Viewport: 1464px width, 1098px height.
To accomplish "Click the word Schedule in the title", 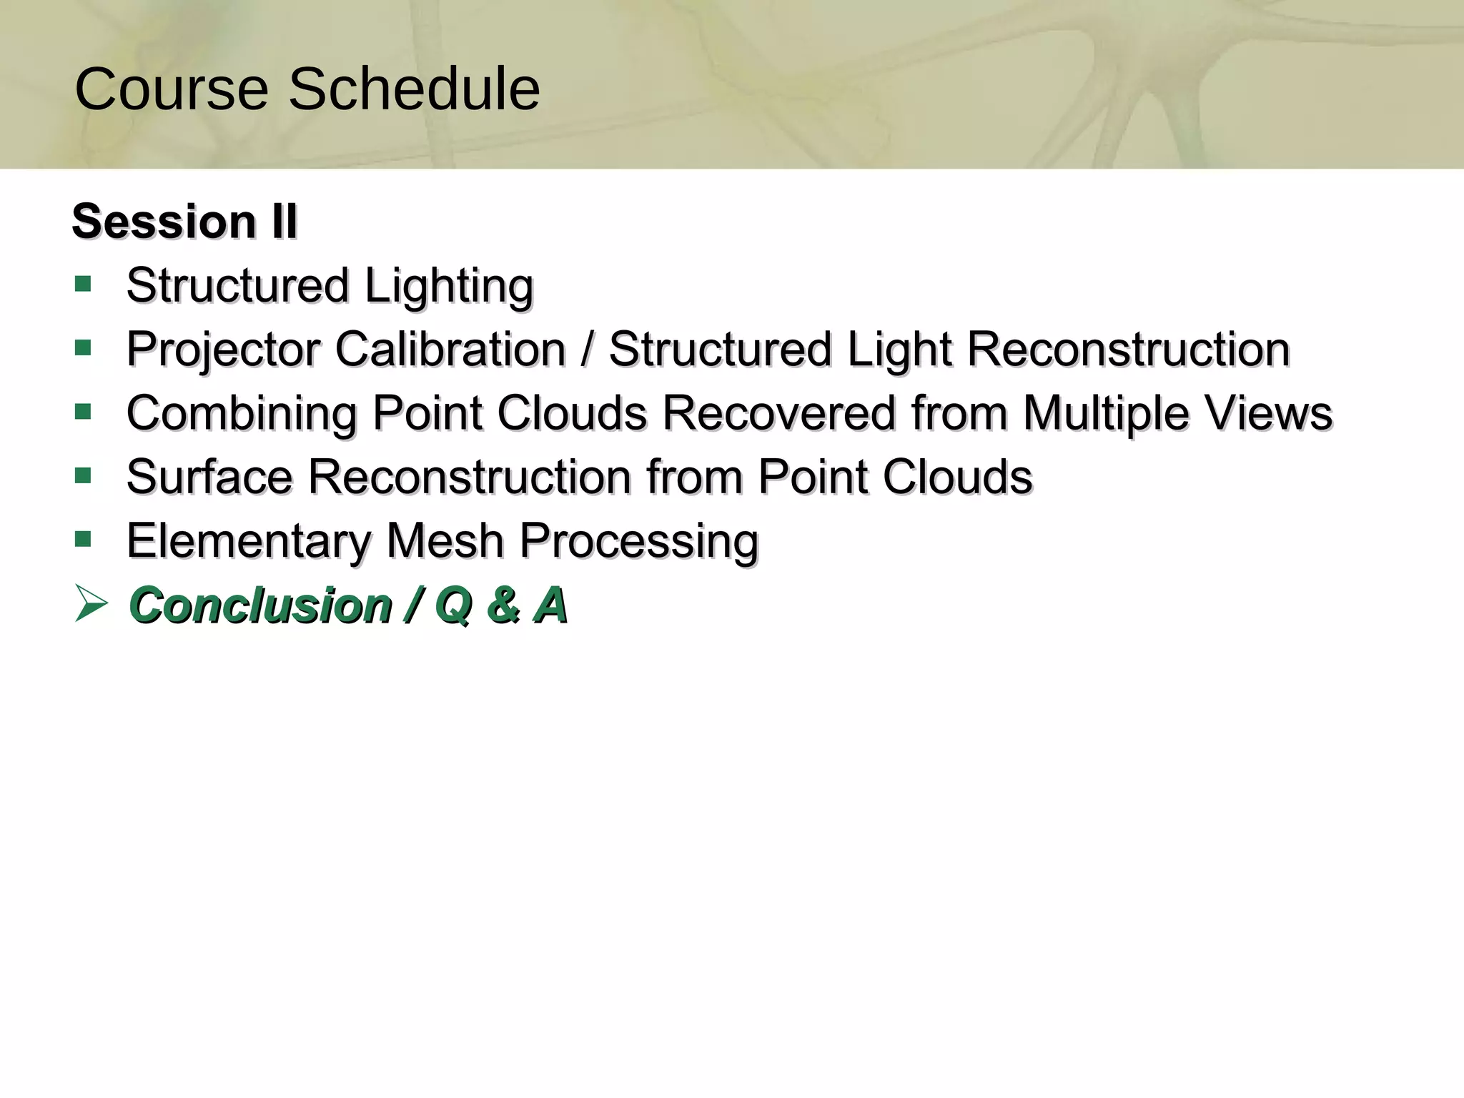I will point(414,89).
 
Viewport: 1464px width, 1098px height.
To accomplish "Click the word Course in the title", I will point(172,89).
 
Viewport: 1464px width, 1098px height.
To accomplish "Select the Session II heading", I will point(184,221).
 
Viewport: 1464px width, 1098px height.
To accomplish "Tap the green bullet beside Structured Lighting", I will point(83,285).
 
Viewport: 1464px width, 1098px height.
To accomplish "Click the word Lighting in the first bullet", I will point(449,286).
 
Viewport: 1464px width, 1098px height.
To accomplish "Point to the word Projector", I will point(223,350).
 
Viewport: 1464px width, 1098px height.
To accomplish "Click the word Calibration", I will point(450,350).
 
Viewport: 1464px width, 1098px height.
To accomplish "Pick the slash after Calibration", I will point(587,350).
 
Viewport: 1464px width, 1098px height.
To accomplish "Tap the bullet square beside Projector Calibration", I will point(83,348).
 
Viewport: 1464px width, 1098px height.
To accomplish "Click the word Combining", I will point(242,413).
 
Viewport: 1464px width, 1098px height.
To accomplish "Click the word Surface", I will point(209,477).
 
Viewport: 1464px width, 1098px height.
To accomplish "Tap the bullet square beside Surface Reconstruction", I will point(83,475).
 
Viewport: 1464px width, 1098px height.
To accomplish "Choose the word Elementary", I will point(248,540).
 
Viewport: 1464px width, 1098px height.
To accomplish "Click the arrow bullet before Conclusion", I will point(90,604).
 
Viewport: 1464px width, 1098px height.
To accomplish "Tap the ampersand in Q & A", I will point(503,605).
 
